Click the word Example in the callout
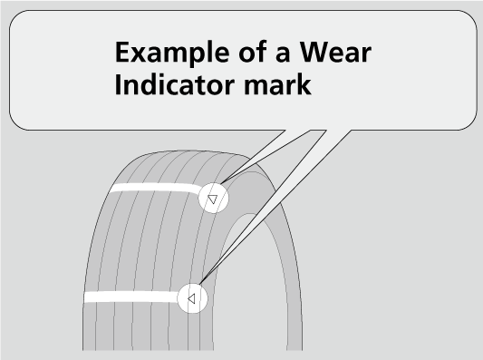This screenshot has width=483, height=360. [170, 55]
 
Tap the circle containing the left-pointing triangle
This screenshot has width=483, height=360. [192, 297]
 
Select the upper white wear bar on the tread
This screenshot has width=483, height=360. [154, 190]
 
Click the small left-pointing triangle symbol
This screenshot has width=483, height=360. [191, 297]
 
